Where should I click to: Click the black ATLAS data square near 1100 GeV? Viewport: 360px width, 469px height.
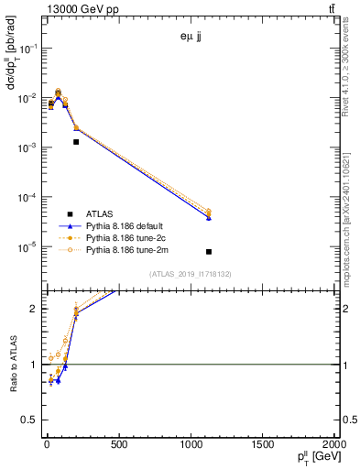[209, 252]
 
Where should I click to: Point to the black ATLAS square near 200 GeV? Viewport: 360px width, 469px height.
[76, 142]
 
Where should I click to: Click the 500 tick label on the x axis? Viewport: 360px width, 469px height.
[118, 445]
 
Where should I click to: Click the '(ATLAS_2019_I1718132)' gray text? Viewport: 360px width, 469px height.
[191, 274]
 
